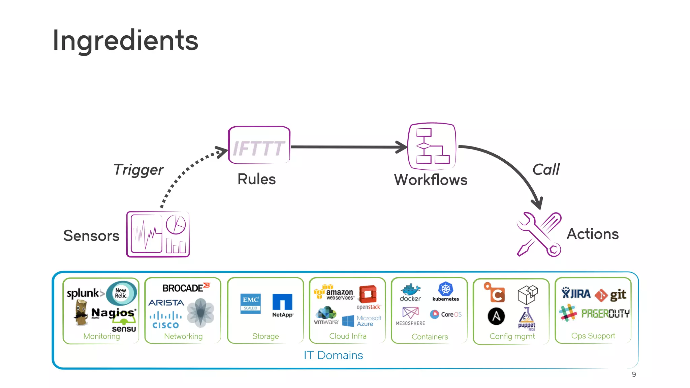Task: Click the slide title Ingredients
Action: (125, 40)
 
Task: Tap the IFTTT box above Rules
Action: (259, 145)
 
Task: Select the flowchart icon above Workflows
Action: (432, 146)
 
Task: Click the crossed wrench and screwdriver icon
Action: (539, 234)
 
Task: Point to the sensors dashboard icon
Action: (158, 234)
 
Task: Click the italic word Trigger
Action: (138, 170)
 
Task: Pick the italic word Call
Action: (546, 169)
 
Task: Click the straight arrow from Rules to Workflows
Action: (347, 147)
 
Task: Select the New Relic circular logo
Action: (122, 293)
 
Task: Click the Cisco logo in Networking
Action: (166, 320)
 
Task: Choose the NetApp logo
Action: (282, 305)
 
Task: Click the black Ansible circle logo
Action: (496, 316)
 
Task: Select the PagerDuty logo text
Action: (605, 314)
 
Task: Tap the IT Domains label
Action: (333, 355)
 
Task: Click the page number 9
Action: (634, 375)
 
